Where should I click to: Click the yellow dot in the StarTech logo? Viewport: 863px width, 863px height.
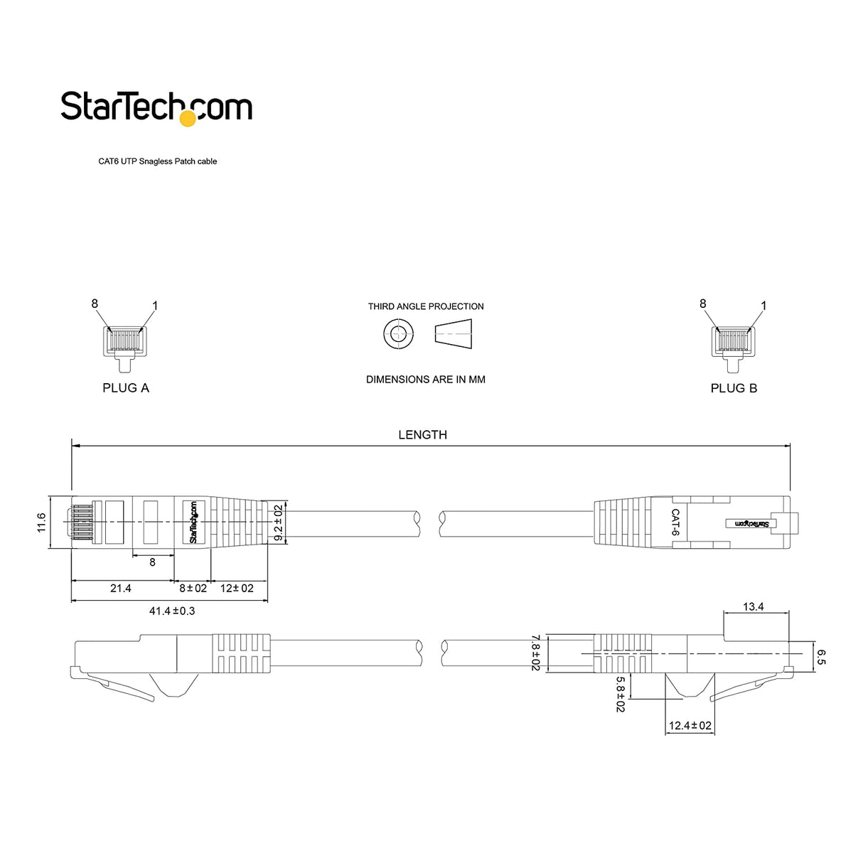188,118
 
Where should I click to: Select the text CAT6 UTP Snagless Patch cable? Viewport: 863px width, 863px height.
157,161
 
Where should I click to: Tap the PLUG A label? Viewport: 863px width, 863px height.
126,388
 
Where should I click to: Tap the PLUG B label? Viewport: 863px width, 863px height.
734,388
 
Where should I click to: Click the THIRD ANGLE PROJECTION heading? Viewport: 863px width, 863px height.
426,306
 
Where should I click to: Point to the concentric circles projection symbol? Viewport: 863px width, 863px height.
399,333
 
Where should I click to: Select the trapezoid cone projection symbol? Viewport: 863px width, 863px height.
454,333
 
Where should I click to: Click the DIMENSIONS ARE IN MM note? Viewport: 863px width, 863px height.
426,380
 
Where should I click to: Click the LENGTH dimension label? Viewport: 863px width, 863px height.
422,435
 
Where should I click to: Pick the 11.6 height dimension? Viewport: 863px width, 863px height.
41,522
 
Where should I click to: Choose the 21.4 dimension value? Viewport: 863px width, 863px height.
121,589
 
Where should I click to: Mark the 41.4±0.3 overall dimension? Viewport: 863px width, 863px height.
171,611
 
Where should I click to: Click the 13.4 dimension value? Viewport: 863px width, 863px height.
753,606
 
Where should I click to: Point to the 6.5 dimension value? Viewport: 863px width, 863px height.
821,656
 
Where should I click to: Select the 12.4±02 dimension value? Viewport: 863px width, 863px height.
690,726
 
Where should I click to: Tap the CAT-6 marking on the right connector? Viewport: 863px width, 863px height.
675,522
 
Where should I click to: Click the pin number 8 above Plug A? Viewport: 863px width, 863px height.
95,304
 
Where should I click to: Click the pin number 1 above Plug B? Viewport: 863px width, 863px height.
763,306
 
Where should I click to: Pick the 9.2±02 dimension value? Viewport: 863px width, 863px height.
278,522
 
